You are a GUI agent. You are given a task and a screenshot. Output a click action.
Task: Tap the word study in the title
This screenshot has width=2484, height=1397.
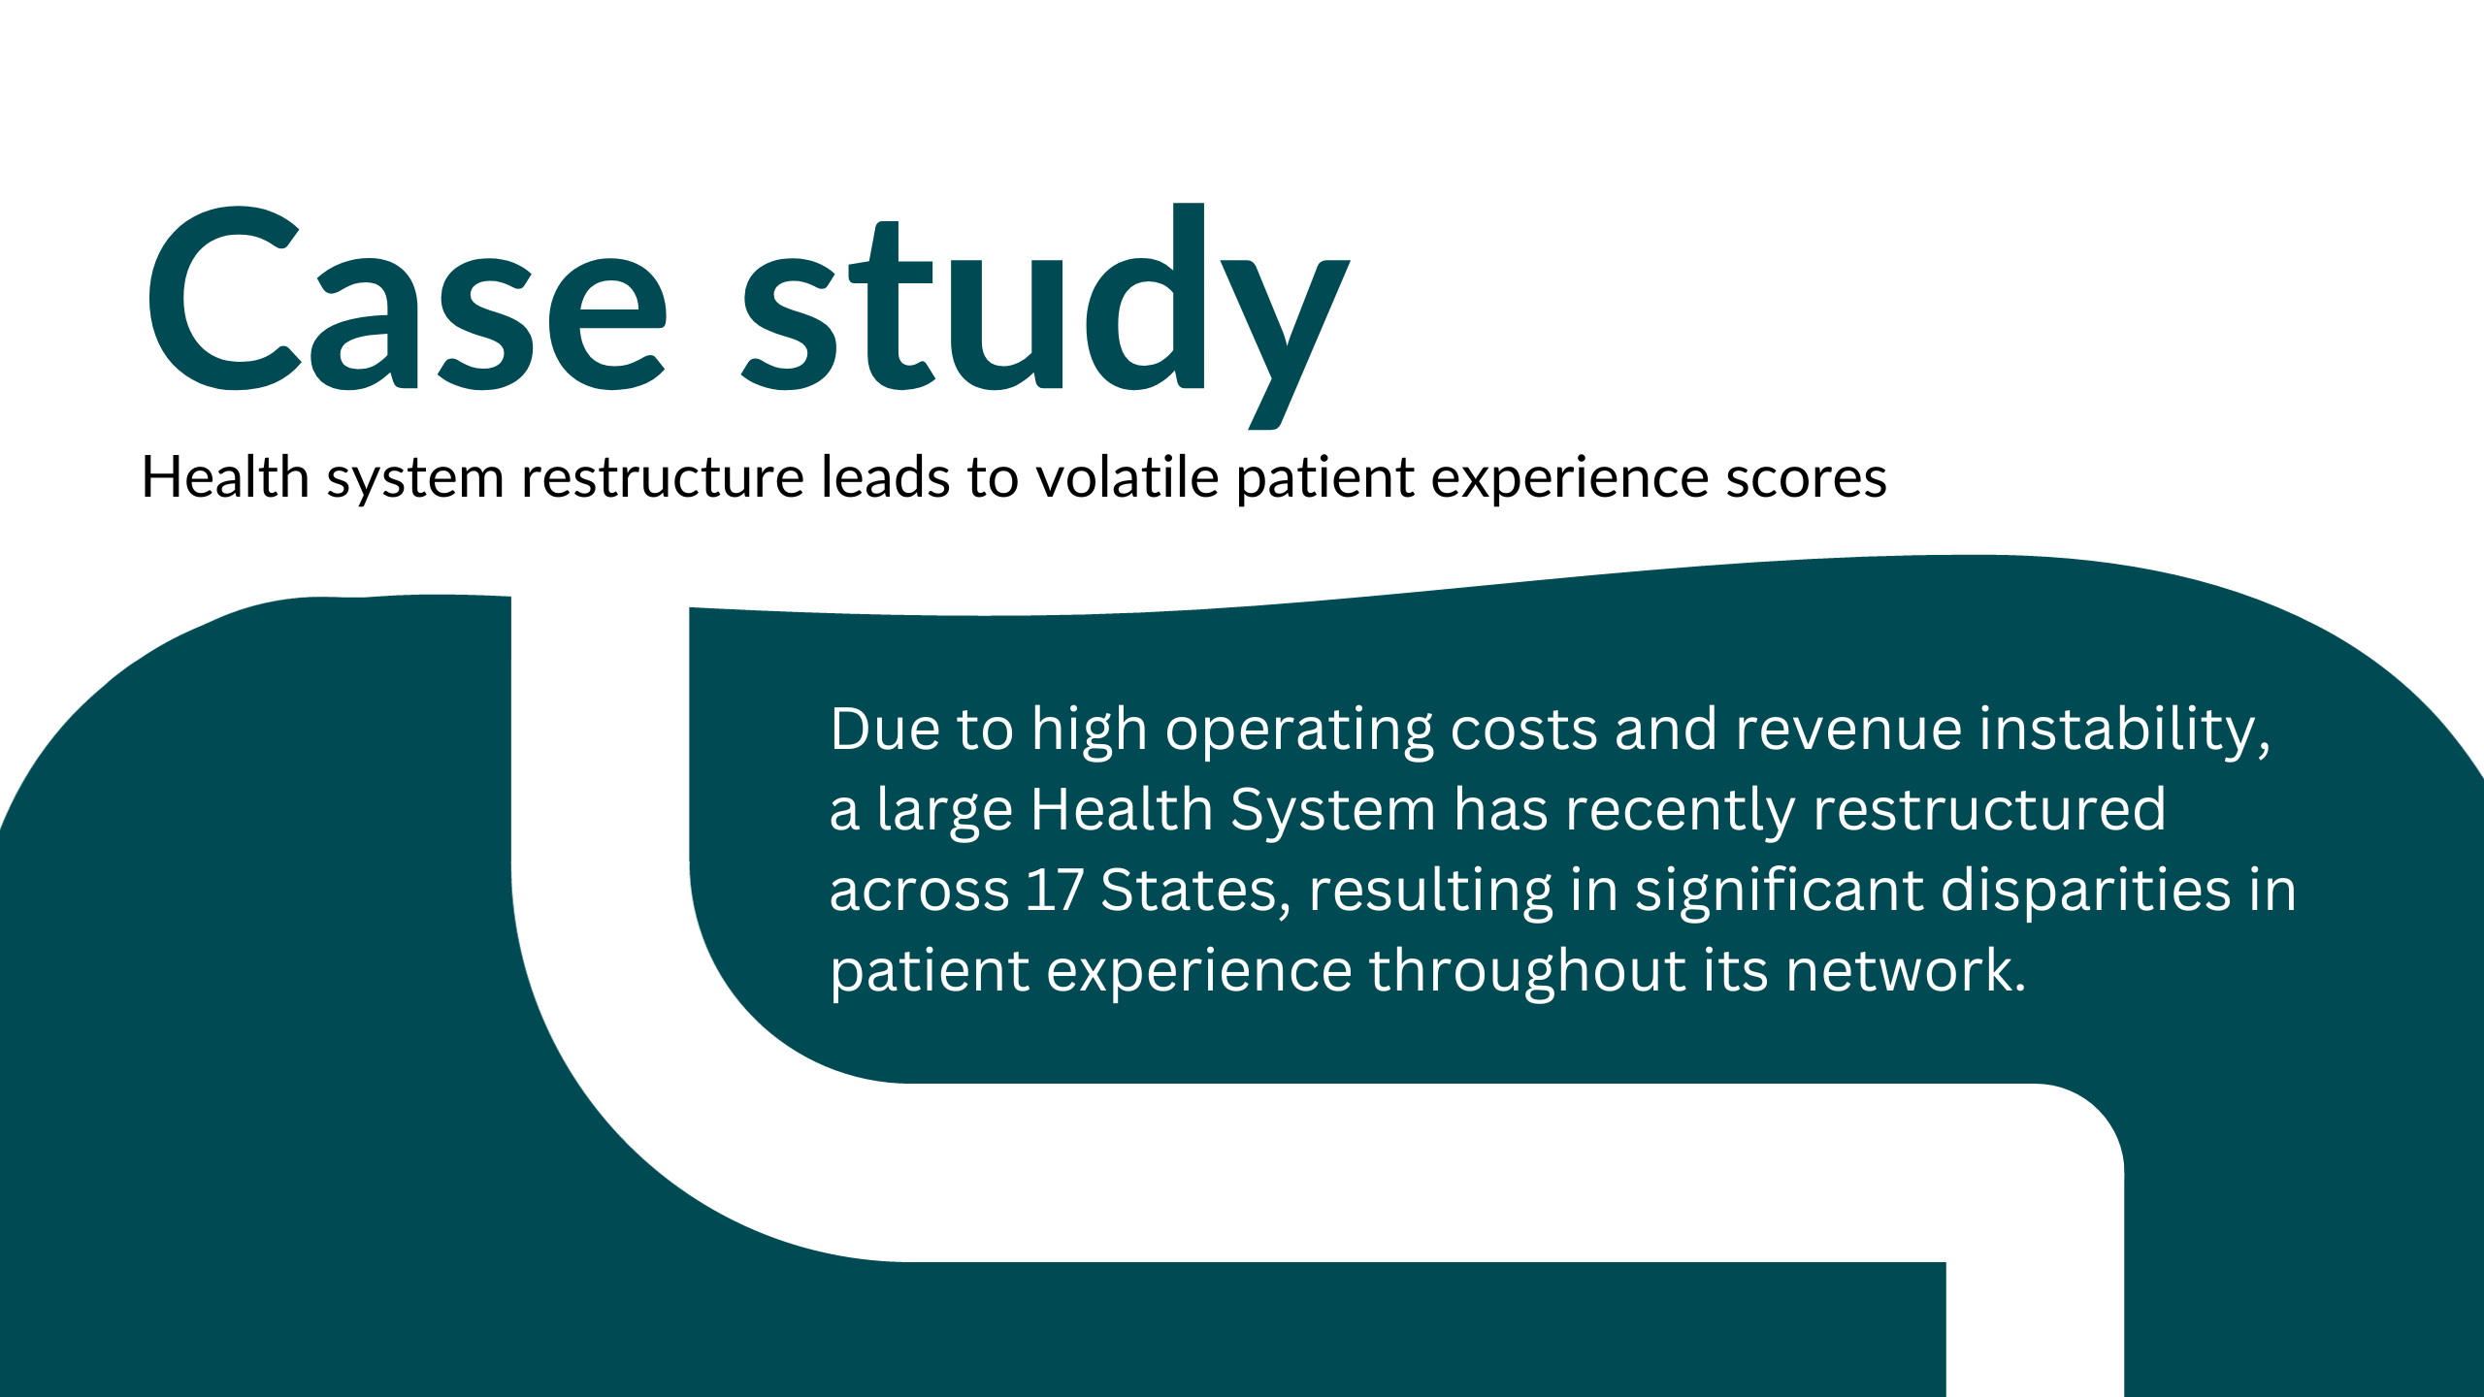[x=1046, y=315]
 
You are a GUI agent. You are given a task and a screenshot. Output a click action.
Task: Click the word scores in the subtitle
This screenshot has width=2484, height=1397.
[x=1806, y=478]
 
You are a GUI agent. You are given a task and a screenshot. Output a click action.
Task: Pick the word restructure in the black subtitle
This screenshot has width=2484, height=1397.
[x=663, y=478]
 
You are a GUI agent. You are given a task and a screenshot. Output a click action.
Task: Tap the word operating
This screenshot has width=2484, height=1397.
[x=1298, y=731]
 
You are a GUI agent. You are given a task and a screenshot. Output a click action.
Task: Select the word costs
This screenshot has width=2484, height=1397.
[x=1523, y=731]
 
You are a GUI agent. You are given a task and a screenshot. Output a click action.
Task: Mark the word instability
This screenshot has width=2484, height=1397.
[x=2125, y=731]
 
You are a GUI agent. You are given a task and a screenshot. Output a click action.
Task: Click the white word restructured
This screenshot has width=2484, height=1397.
[x=1989, y=810]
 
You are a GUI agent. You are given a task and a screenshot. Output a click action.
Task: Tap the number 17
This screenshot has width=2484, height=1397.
[x=1054, y=890]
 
